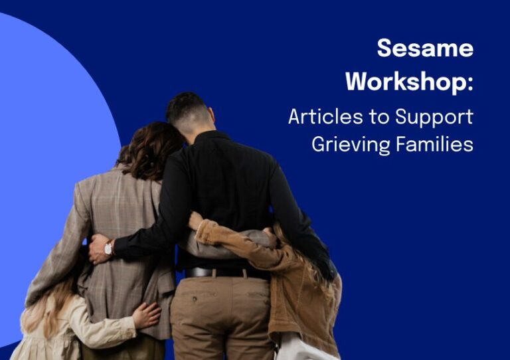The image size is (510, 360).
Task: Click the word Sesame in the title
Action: point(425,48)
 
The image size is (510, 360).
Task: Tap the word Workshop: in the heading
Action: point(409,82)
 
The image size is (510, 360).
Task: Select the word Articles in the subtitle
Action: point(325,116)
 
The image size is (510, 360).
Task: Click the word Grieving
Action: point(351,145)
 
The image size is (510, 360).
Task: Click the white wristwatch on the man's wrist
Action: point(108,249)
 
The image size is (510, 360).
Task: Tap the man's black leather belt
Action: point(224,272)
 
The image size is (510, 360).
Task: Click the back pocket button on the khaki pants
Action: point(194,298)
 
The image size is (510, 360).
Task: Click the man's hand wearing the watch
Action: point(97,249)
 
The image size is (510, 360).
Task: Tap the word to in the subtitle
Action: point(379,117)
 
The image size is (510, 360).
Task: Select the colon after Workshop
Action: point(470,84)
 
